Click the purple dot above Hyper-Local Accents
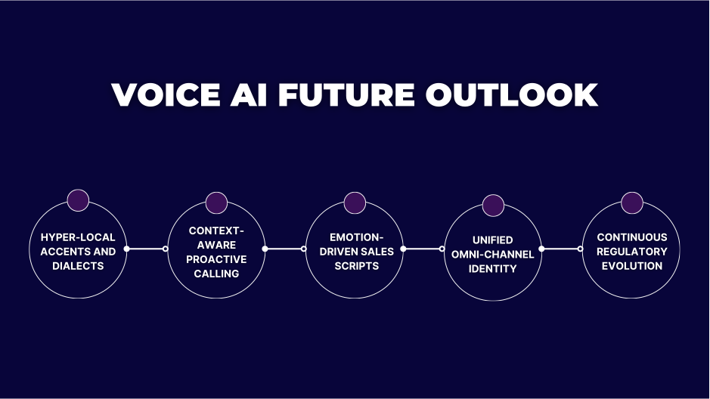pos(78,200)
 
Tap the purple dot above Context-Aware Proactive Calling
pos(216,202)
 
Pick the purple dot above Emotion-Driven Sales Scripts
pos(355,203)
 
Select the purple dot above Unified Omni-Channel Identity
pos(493,205)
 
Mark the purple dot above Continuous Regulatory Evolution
pos(631,203)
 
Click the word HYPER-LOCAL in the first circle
pos(78,237)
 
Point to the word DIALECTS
pos(78,266)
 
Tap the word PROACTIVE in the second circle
pos(216,259)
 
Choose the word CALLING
pos(216,274)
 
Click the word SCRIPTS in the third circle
pos(355,266)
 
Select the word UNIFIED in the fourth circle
pos(493,240)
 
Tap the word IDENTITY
pos(493,269)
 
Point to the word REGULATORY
pos(631,252)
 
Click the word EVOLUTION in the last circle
pos(631,266)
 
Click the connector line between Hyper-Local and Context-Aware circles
pos(146,249)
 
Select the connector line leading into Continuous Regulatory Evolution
pos(561,249)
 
